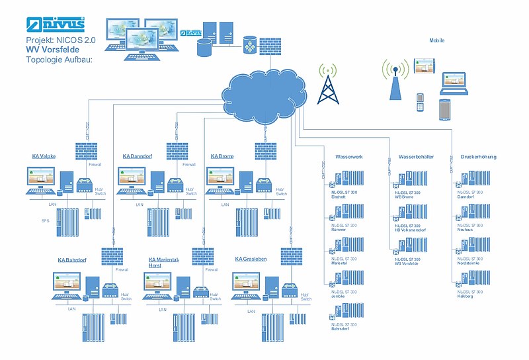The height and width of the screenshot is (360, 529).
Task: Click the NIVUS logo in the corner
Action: coord(57,24)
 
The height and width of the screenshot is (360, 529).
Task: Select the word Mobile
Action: coord(437,40)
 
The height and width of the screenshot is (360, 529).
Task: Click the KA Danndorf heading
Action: coord(137,157)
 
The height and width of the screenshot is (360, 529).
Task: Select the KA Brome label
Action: coord(222,157)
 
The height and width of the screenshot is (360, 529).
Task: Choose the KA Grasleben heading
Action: coord(251,259)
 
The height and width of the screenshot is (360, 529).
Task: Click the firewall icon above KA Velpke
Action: coord(87,150)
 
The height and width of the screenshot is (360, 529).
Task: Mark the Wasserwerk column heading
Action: coord(350,157)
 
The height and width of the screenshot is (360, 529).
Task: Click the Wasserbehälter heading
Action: coord(416,157)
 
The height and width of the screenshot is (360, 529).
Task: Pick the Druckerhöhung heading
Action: coord(478,157)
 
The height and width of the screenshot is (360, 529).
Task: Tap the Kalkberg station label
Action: coord(465,296)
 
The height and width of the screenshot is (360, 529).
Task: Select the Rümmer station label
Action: coord(339,230)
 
